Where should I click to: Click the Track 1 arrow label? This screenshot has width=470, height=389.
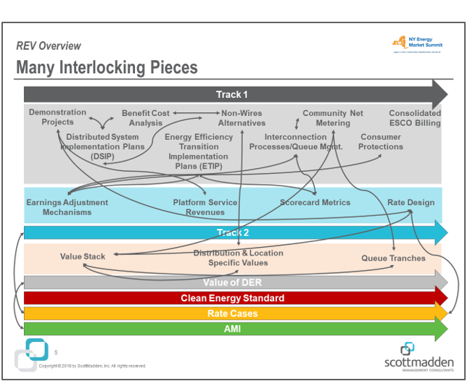231,95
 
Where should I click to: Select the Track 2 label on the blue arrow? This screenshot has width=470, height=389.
232,233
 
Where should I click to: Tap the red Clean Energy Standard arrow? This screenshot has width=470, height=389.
232,298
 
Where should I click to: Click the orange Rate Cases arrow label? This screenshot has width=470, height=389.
232,314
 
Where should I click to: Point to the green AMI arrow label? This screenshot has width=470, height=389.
232,329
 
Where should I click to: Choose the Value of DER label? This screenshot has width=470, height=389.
232,283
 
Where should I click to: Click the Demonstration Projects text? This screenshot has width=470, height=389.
57,117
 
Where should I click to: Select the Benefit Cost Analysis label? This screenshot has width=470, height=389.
145,118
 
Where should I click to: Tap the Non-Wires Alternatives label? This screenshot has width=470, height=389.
242,118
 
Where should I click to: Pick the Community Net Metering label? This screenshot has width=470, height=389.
333,118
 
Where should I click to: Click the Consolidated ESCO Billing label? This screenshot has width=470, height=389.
414,118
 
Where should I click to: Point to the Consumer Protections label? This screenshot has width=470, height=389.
380,141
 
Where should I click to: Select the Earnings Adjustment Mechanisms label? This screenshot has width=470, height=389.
67,207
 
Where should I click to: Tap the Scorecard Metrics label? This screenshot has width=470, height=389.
315,203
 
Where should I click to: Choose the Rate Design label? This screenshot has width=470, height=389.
411,203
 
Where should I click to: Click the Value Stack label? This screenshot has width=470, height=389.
83,256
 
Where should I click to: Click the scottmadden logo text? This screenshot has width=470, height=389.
419,361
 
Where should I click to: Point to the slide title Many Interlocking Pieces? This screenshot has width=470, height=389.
107,68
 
